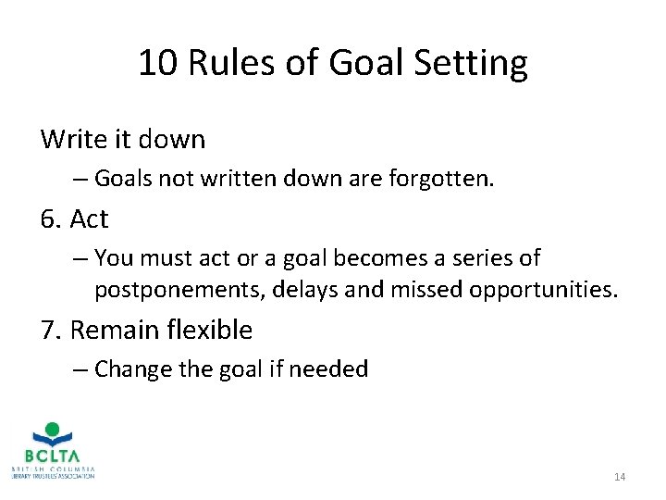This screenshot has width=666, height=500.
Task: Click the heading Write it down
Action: [x=123, y=140]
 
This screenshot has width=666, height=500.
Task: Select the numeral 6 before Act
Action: [x=48, y=219]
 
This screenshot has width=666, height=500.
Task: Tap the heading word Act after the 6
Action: [x=89, y=219]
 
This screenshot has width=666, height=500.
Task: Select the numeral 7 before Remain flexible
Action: [x=48, y=331]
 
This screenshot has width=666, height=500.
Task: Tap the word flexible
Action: [x=207, y=331]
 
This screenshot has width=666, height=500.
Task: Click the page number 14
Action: [x=620, y=477]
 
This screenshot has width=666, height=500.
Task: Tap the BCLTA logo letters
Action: [x=54, y=456]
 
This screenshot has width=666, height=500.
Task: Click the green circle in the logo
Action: [x=53, y=429]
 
